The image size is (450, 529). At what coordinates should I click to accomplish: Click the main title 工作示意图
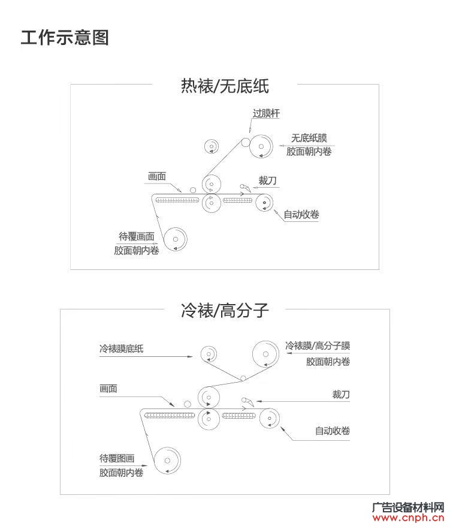[65, 37]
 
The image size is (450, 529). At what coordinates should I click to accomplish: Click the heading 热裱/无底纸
[225, 86]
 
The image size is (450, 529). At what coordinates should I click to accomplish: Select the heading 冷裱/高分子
[225, 310]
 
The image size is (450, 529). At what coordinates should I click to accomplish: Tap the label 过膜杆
[266, 113]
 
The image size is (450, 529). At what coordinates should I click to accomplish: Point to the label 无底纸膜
[309, 138]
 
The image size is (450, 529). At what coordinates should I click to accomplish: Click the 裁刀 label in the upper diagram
[267, 181]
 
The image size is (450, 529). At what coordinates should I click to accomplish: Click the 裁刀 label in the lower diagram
[341, 394]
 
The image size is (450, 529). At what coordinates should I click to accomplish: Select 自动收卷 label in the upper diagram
[301, 214]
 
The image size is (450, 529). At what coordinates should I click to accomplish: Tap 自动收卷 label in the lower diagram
[333, 431]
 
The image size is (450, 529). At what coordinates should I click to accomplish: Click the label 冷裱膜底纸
[122, 348]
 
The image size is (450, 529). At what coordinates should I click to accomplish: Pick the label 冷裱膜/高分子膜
[318, 345]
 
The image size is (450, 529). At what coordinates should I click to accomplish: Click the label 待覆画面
[137, 236]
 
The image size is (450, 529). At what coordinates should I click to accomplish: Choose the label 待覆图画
[117, 458]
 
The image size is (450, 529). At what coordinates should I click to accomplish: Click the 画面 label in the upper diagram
[157, 176]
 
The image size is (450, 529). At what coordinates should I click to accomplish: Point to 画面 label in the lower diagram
[108, 389]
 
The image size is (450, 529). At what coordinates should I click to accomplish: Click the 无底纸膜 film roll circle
[261, 146]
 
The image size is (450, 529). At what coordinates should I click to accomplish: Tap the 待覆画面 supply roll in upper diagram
[176, 239]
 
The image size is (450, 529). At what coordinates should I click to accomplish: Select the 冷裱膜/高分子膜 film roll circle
[265, 354]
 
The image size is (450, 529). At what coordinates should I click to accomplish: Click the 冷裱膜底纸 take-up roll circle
[209, 354]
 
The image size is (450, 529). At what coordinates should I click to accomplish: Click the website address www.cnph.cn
[408, 518]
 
